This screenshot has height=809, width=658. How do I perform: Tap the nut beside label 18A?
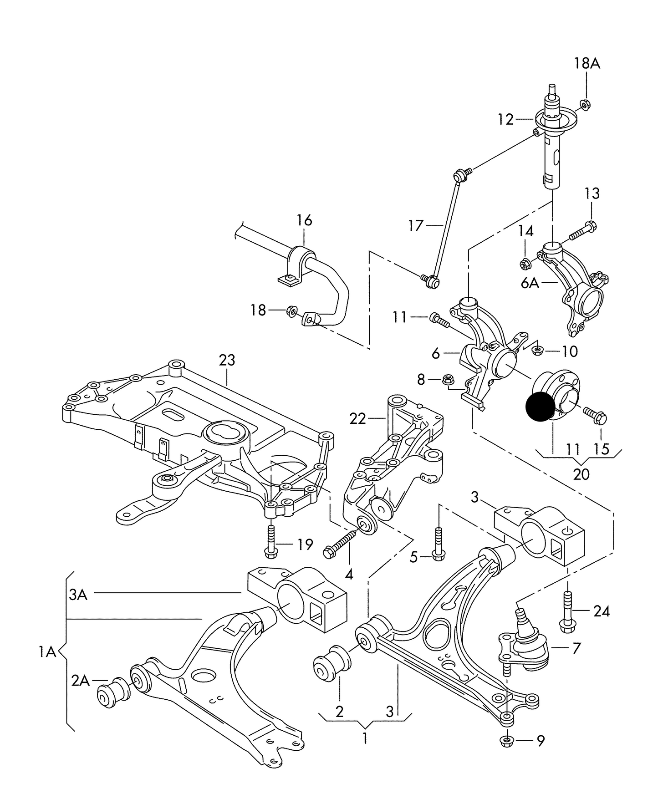click(x=586, y=105)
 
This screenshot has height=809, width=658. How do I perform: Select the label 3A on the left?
click(x=78, y=595)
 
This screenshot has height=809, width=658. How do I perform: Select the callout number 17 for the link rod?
click(x=416, y=225)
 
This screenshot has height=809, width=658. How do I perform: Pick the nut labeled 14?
click(x=525, y=263)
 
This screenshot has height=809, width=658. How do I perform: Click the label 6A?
click(x=530, y=283)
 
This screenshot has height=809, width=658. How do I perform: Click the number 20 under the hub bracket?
click(x=581, y=474)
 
